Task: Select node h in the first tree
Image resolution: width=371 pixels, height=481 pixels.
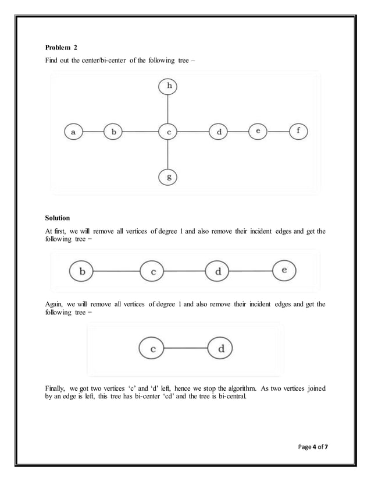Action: click(168, 87)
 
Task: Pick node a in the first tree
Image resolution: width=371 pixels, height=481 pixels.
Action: click(73, 132)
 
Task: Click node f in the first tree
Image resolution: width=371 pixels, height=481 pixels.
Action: click(298, 131)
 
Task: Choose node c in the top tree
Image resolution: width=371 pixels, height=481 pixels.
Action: click(168, 132)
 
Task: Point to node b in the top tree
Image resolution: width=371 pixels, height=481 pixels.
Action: click(113, 132)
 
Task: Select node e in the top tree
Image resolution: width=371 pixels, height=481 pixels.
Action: click(258, 132)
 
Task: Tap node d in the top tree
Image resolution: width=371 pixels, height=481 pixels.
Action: click(219, 132)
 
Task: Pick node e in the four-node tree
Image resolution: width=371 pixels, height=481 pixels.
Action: click(284, 271)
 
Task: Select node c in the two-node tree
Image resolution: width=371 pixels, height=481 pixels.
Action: click(152, 349)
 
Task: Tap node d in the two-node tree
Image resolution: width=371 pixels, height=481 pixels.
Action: click(221, 349)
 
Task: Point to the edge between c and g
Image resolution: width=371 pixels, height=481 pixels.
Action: click(168, 154)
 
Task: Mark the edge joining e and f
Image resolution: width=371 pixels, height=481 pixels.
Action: click(278, 132)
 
